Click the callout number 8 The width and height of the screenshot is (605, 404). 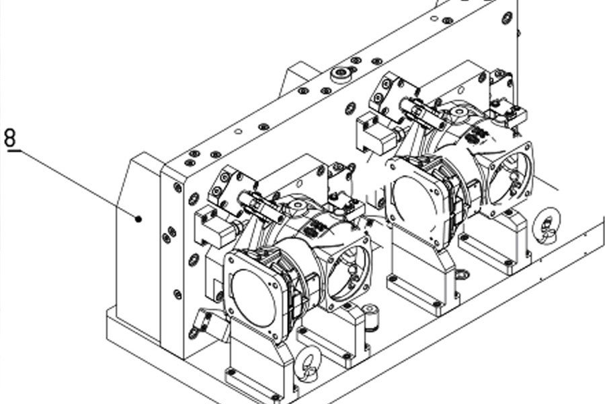[x=10, y=138]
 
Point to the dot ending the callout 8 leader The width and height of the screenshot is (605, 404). [x=138, y=220]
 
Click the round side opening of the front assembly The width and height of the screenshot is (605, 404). [x=348, y=273]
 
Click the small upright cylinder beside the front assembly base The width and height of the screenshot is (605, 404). [x=370, y=316]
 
